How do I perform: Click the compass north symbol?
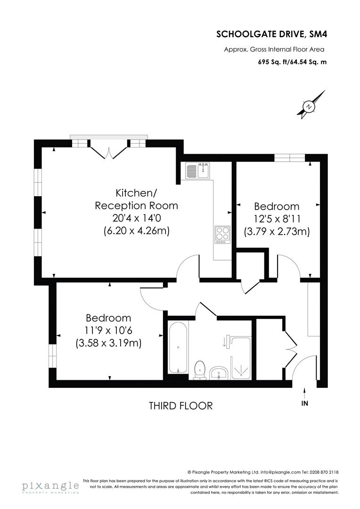pyautogui.click(x=308, y=107)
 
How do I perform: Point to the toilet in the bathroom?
pyautogui.click(x=200, y=369)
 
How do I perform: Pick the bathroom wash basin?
pyautogui.click(x=219, y=373)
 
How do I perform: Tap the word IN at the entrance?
pyautogui.click(x=305, y=404)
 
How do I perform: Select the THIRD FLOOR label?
pyautogui.click(x=180, y=405)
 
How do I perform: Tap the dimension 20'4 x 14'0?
pyautogui.click(x=136, y=218)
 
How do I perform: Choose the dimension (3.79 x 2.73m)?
pyautogui.click(x=277, y=231)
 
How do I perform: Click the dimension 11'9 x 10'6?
pyautogui.click(x=108, y=331)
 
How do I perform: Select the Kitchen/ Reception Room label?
pyautogui.click(x=136, y=199)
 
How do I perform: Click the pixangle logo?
pyautogui.click(x=50, y=486)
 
